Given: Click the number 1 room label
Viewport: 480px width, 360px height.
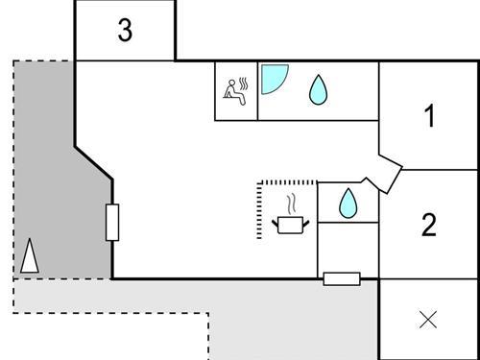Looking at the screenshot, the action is [x=430, y=117].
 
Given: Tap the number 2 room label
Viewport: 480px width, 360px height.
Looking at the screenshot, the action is [x=429, y=226].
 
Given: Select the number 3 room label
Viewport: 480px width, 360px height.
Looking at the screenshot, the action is [x=125, y=31].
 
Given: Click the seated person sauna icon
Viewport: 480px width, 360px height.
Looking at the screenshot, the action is [x=231, y=89].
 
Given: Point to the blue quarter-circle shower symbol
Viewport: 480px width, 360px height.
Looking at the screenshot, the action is [x=273, y=79].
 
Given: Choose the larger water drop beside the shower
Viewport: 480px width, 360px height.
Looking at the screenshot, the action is [x=317, y=90].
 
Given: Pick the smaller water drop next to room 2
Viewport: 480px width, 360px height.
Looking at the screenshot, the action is [x=348, y=202].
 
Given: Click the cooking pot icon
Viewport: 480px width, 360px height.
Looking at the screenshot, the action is [x=289, y=224].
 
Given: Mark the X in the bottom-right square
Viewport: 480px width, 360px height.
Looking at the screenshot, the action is [x=429, y=320].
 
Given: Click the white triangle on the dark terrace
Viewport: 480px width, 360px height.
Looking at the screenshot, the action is [x=30, y=256].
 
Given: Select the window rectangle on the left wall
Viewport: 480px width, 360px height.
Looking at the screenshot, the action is [x=112, y=223].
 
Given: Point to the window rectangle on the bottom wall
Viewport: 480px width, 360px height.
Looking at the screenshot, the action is [x=341, y=278].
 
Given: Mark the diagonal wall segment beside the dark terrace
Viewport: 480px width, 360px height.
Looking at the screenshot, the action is [x=94, y=162].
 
